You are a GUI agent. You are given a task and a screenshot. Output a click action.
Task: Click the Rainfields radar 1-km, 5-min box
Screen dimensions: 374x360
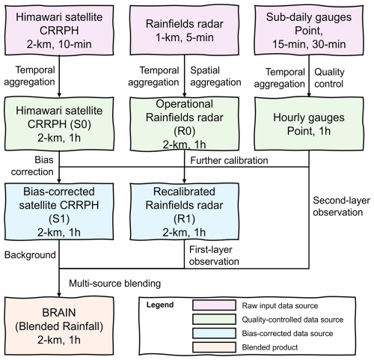point(185,30)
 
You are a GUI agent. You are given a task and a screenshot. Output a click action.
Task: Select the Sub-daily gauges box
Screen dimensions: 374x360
point(309,30)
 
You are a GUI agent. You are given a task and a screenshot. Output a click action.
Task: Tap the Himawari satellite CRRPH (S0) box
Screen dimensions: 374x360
point(59,123)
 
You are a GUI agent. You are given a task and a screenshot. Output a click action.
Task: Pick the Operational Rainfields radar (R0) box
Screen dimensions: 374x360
point(185,123)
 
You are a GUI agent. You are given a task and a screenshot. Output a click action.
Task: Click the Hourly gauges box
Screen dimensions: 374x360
point(309,123)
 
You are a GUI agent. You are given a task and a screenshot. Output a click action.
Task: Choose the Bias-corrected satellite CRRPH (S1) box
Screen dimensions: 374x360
point(59,212)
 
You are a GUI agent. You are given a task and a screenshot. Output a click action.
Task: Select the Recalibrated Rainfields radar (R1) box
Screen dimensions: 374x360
point(185,212)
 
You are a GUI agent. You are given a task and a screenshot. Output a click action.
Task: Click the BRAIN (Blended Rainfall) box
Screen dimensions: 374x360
point(59,326)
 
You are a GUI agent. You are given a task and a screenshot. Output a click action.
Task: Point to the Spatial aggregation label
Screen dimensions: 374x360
point(215,76)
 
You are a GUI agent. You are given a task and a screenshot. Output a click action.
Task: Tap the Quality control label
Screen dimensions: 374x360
point(329,78)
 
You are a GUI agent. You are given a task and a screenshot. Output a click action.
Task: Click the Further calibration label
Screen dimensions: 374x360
point(229,160)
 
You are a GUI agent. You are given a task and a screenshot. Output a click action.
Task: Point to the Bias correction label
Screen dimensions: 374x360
point(32,165)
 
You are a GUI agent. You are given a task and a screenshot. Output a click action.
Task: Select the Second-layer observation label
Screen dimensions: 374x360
point(341,207)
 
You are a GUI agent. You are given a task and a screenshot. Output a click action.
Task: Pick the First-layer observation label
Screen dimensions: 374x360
point(214,255)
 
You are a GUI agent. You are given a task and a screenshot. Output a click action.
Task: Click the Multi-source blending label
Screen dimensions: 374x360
point(114,284)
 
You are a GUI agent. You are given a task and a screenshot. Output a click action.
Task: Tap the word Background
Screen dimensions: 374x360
point(30,255)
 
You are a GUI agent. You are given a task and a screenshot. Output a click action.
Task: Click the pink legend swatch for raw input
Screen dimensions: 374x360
point(214,305)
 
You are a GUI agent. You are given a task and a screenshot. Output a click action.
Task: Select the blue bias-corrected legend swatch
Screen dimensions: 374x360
point(214,333)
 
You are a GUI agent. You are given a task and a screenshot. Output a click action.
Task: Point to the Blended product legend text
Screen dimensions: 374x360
point(270,347)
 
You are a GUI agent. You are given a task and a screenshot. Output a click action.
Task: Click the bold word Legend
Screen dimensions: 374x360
point(160,305)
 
